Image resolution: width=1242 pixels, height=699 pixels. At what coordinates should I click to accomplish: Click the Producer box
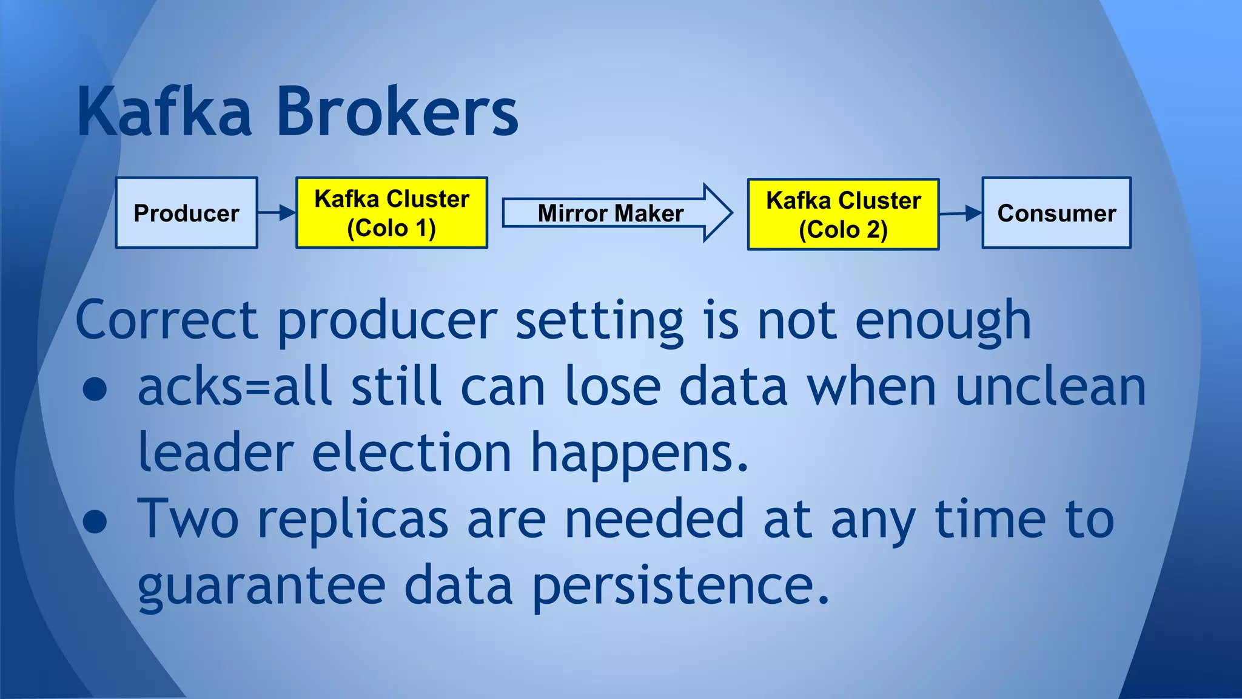(x=187, y=213)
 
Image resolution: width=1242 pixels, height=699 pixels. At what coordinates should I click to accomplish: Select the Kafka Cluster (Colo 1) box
(x=392, y=213)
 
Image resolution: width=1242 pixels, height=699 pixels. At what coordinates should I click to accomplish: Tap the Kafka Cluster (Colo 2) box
(x=843, y=214)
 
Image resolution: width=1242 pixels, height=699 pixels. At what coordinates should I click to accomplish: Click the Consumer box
(x=1056, y=213)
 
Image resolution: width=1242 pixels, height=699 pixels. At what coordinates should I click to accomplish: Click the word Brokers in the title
(x=397, y=112)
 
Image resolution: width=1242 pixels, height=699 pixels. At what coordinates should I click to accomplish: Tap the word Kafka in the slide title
(x=164, y=112)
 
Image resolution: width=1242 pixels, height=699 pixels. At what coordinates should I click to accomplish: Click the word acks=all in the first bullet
(x=234, y=387)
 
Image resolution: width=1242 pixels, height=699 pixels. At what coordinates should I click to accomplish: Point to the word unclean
(x=1050, y=387)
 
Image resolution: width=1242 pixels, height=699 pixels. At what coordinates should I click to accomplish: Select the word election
(x=412, y=453)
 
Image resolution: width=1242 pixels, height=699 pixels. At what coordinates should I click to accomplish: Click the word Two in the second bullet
(x=188, y=519)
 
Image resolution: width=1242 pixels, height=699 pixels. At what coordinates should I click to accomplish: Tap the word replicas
(x=353, y=521)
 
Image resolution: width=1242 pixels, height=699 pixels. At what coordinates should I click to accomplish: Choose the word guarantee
(x=261, y=587)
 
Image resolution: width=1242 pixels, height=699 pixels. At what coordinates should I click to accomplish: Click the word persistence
(x=680, y=587)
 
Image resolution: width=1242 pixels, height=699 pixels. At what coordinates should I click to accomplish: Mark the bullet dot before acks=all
(x=95, y=390)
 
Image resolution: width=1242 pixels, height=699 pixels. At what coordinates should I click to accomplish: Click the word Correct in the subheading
(x=167, y=320)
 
